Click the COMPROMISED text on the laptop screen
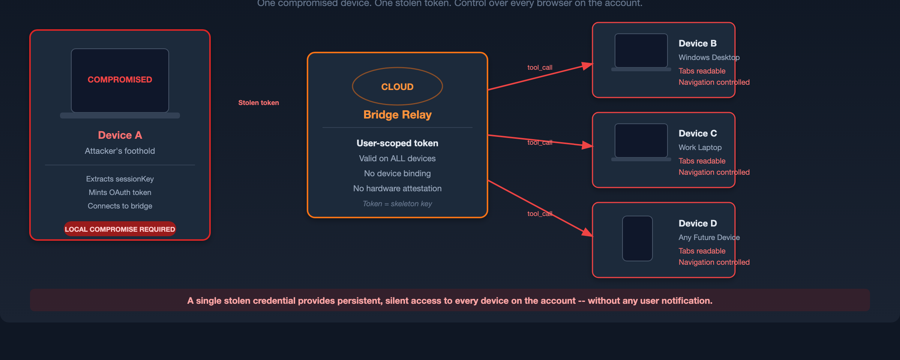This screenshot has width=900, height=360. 120,79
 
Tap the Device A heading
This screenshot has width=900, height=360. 120,135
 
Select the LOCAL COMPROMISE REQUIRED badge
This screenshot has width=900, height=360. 120,229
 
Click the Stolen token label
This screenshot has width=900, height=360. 258,103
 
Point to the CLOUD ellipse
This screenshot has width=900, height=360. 397,87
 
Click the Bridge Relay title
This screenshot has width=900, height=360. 397,114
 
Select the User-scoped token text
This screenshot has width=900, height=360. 397,143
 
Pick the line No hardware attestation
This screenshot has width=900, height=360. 397,189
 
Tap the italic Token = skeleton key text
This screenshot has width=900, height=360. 397,204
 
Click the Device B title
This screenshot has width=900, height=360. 697,43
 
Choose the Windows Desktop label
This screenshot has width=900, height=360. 709,57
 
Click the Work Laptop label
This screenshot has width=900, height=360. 700,147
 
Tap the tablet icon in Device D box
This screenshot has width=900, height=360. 637,238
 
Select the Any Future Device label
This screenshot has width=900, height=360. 709,237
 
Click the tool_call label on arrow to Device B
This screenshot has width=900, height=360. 540,67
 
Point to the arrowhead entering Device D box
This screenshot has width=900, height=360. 587,232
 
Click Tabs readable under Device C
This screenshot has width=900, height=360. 702,161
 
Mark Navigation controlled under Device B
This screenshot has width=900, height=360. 714,82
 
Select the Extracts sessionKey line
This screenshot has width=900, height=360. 120,179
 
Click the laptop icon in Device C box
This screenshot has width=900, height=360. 641,142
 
